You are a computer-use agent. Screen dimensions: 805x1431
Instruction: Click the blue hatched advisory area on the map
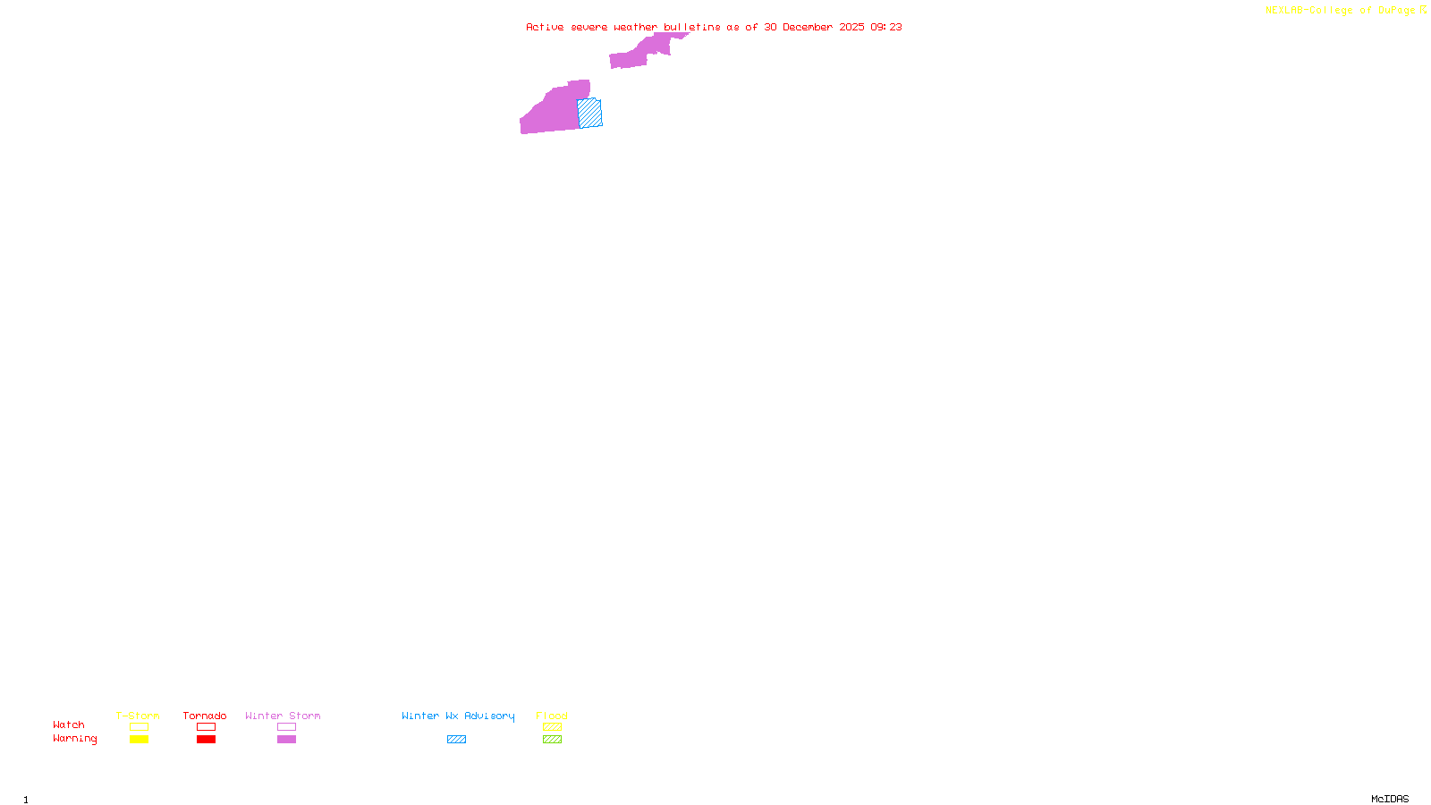coord(590,114)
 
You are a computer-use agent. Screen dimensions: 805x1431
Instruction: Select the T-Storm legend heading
coord(138,716)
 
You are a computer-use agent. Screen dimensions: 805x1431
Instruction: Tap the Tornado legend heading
coord(205,716)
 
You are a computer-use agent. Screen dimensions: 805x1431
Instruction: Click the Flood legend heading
coord(552,716)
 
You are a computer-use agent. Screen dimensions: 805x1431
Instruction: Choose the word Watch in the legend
coord(69,724)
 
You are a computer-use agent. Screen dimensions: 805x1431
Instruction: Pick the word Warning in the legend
coord(74,739)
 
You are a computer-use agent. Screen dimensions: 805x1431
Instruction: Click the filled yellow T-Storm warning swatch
coord(139,740)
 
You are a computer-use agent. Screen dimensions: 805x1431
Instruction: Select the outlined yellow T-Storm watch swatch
coord(139,727)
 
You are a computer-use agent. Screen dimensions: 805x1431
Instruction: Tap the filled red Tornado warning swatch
coord(207,740)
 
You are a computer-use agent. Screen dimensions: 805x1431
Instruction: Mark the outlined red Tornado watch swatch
coord(207,727)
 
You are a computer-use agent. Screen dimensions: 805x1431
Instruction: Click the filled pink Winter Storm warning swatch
coord(286,740)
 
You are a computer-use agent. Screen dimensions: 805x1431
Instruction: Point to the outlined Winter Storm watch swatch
coord(286,727)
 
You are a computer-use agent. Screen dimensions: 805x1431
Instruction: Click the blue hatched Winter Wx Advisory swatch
coord(456,740)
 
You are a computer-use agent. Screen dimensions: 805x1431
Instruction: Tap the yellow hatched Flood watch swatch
coord(552,727)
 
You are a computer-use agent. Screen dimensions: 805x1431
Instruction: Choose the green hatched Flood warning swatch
coord(552,740)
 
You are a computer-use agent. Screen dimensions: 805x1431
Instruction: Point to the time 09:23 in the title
coord(886,27)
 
